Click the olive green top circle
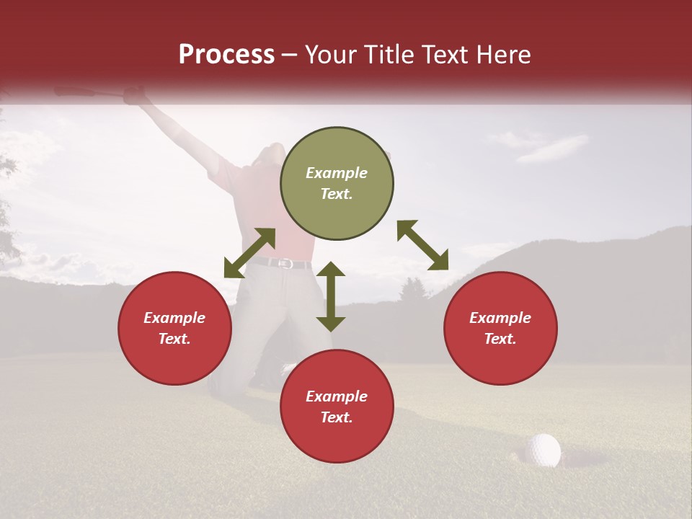point(337,184)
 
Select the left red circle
point(174,329)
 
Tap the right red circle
point(500,329)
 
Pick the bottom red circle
point(337,407)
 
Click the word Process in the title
point(226,55)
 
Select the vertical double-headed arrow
point(331,296)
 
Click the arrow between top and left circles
point(249,253)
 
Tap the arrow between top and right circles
point(422,245)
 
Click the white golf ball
point(543,450)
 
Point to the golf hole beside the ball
point(569,459)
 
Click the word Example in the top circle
point(337,173)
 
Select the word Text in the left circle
point(174,339)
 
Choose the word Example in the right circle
point(500,318)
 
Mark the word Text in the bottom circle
point(337,417)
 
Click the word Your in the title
point(332,55)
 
